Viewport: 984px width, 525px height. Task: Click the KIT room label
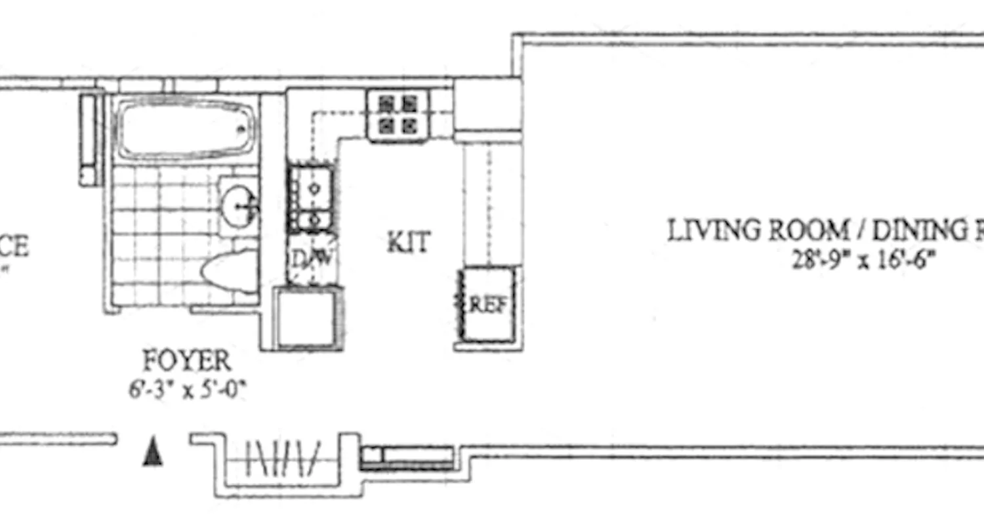[x=408, y=243]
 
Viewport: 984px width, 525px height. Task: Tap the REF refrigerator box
[x=487, y=304]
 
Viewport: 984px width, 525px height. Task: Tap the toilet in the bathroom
[x=230, y=270]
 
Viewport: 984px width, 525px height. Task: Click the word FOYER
[x=187, y=361]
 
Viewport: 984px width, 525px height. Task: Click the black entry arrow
[x=153, y=453]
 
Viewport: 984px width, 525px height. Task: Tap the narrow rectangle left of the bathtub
[x=89, y=139]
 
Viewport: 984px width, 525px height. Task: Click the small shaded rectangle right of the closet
[x=407, y=457]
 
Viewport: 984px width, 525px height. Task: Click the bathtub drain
[x=243, y=129]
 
